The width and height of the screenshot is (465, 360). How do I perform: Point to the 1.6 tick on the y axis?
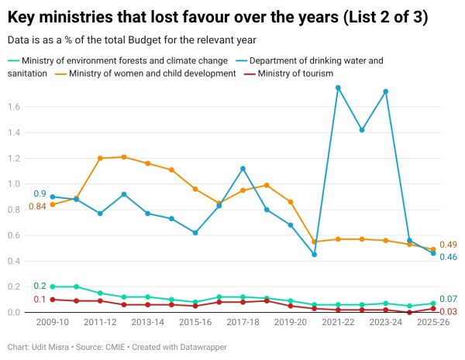[x=14, y=107]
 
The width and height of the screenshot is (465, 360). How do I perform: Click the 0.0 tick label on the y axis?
[x=14, y=313]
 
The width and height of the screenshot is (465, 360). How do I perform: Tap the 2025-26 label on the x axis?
[x=433, y=322]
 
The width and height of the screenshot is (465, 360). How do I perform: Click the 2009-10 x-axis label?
[x=52, y=322]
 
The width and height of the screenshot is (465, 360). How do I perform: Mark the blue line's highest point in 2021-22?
[x=338, y=87]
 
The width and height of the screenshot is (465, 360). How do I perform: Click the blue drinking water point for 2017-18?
[x=243, y=168]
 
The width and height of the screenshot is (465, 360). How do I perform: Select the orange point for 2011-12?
[x=100, y=158]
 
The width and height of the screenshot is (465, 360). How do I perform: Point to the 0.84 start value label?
[x=36, y=206]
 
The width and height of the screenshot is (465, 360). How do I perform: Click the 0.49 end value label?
[x=448, y=245]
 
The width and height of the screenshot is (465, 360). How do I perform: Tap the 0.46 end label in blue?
[x=448, y=257]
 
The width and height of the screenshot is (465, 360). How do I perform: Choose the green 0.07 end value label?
[x=448, y=300]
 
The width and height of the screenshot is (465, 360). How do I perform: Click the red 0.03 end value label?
[x=448, y=311]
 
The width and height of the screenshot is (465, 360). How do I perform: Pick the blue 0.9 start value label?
[x=40, y=194]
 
